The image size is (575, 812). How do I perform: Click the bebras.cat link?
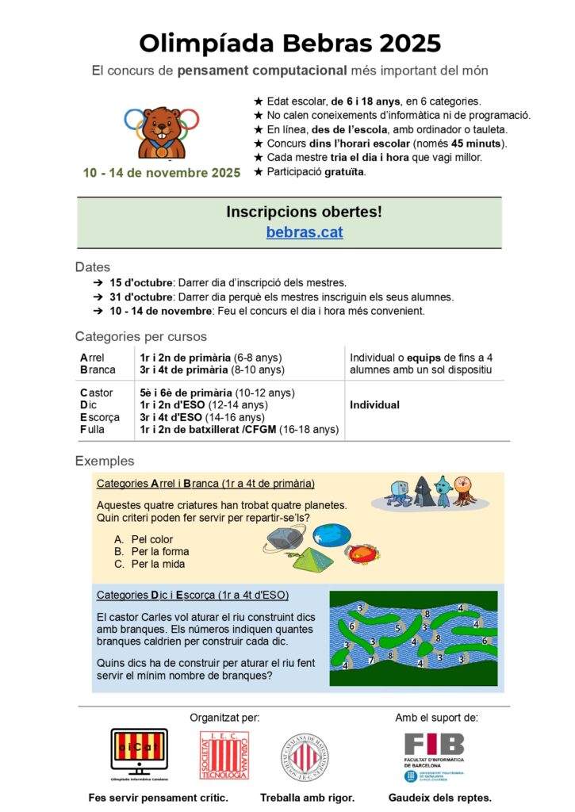tap(305, 232)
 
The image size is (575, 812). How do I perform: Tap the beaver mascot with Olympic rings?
tap(162, 132)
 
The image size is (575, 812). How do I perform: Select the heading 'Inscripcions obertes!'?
tap(304, 212)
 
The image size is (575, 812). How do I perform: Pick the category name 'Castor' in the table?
tap(97, 393)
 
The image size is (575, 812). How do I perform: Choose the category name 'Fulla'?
tap(94, 430)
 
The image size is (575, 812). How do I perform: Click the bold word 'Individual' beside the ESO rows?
tap(374, 405)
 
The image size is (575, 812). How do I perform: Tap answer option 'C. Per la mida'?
tap(150, 565)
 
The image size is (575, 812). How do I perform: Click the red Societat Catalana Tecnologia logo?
tap(224, 755)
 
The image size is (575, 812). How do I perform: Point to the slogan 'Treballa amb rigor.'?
tap(307, 798)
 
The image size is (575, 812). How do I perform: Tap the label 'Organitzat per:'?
tap(224, 718)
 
